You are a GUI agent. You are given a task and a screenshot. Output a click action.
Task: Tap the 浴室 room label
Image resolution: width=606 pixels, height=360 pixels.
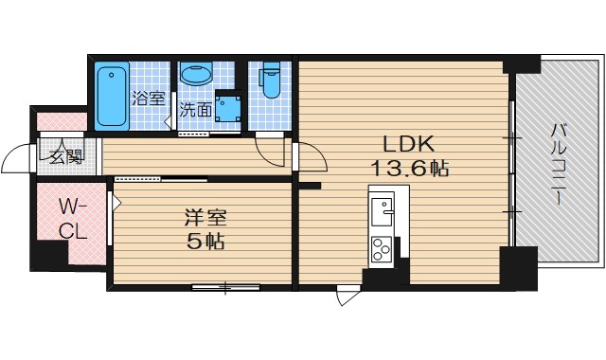(x=148, y=99)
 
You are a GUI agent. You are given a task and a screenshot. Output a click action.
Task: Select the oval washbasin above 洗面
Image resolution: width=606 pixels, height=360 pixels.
(x=196, y=74)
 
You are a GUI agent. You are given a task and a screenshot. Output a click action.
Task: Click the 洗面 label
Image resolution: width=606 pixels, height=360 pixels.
(x=196, y=110)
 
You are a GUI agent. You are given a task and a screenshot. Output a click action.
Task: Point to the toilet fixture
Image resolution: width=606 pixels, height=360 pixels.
(x=270, y=81)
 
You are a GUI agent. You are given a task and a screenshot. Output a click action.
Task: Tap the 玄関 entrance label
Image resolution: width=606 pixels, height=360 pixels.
(x=66, y=156)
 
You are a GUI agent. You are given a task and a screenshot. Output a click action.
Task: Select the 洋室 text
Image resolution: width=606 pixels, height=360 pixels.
(x=205, y=218)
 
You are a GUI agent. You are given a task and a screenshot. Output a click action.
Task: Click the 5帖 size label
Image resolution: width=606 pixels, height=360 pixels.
(x=205, y=242)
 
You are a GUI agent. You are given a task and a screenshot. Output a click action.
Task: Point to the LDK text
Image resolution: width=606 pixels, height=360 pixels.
(x=408, y=144)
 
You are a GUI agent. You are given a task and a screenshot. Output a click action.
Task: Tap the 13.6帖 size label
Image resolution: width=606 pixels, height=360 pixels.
(x=410, y=169)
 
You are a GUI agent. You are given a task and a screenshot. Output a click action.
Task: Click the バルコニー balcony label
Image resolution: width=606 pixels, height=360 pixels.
(x=559, y=163)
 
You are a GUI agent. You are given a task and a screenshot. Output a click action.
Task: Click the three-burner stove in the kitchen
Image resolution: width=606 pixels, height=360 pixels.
(x=382, y=248)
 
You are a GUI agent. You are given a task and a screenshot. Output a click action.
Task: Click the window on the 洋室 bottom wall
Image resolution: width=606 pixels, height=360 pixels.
(x=226, y=287)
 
